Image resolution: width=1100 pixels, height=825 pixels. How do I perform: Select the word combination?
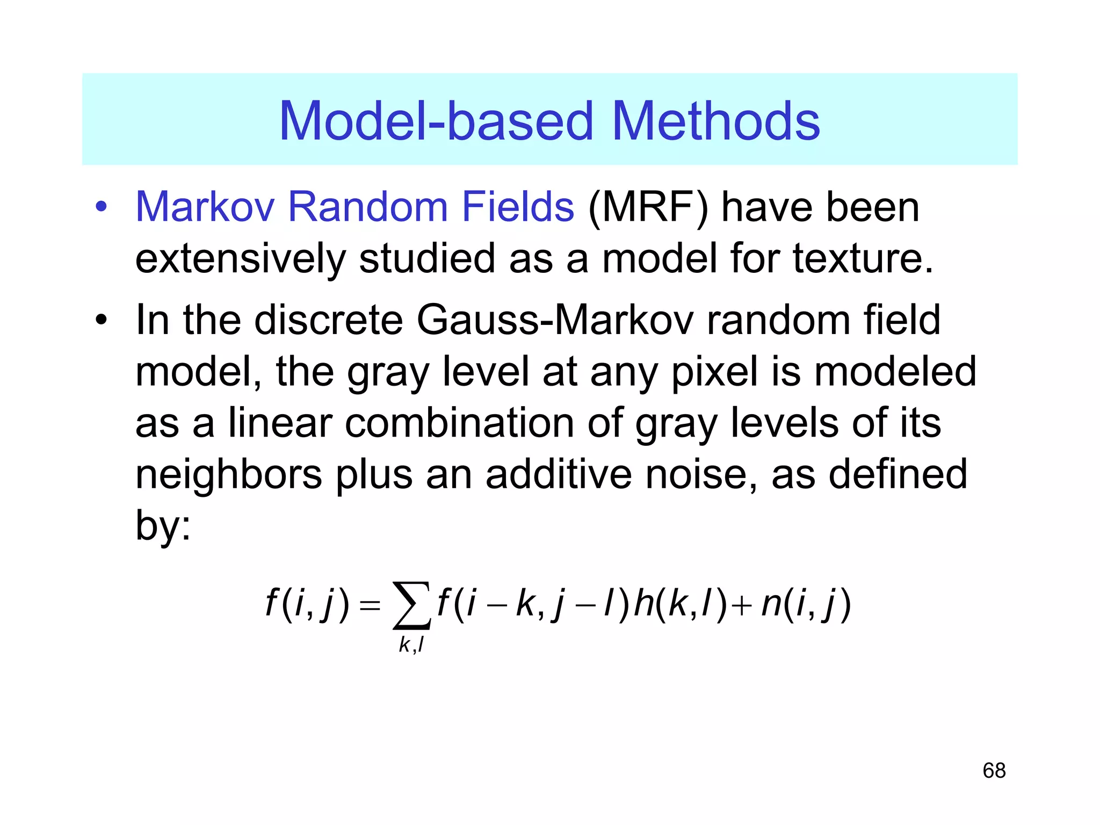[x=459, y=423]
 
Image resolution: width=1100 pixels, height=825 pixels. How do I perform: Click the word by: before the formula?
[x=163, y=525]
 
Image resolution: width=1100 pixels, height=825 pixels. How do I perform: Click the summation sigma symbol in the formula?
[x=411, y=605]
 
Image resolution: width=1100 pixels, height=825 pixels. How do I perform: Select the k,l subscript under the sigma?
[x=411, y=645]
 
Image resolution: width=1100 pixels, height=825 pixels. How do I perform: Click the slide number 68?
[x=994, y=771]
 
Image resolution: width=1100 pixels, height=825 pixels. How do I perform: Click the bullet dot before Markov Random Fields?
[x=101, y=207]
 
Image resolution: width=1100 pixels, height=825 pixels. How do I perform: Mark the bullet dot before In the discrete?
[x=101, y=321]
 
